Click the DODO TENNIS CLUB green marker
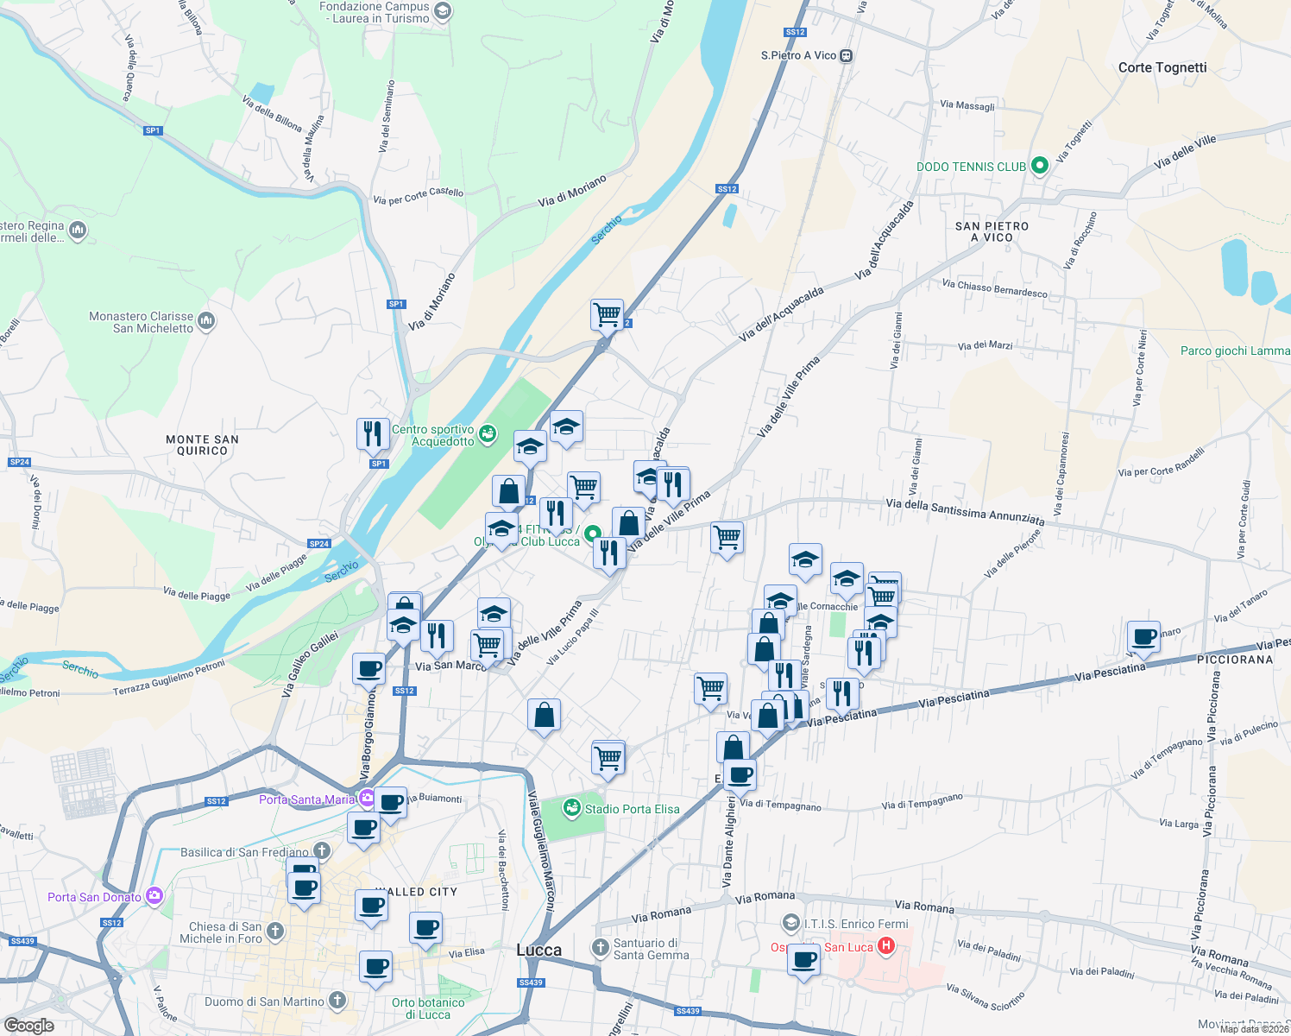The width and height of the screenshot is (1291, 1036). pyautogui.click(x=1039, y=166)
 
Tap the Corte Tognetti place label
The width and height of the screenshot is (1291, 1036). pyautogui.click(x=1162, y=67)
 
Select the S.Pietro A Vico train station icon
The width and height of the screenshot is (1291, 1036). pyautogui.click(x=846, y=55)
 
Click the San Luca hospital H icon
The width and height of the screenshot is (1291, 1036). pyautogui.click(x=885, y=947)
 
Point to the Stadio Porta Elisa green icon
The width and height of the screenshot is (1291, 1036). pyautogui.click(x=571, y=809)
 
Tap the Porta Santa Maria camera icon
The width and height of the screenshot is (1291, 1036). pyautogui.click(x=368, y=799)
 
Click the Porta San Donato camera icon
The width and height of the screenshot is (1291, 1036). pyautogui.click(x=154, y=896)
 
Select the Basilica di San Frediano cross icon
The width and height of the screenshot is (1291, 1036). pyautogui.click(x=321, y=852)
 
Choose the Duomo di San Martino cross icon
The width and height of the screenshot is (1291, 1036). pyautogui.click(x=337, y=1001)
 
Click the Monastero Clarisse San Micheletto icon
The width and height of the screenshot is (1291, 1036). pyautogui.click(x=205, y=322)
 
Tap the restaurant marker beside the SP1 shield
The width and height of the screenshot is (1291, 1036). pyautogui.click(x=373, y=433)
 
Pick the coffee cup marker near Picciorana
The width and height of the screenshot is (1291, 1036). pyautogui.click(x=1143, y=637)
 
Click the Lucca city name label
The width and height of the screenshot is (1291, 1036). pyautogui.click(x=538, y=950)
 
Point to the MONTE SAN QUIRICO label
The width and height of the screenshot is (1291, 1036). pyautogui.click(x=202, y=445)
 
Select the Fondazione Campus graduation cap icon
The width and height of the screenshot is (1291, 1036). pyautogui.click(x=443, y=11)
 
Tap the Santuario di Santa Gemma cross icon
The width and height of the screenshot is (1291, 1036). pyautogui.click(x=601, y=948)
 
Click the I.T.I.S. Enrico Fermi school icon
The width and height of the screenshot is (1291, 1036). pyautogui.click(x=790, y=924)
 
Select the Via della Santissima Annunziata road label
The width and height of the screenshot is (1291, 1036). pyautogui.click(x=965, y=511)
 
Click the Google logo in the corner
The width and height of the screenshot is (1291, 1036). pyautogui.click(x=28, y=1025)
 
